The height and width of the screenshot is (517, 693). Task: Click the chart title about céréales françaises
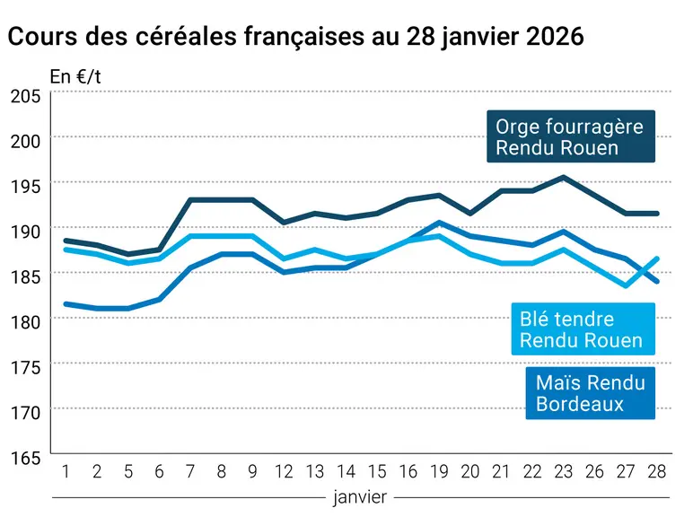click(x=295, y=36)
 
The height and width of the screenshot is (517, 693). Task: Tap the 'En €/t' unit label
click(x=75, y=77)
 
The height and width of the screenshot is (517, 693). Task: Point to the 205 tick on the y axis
click(x=26, y=96)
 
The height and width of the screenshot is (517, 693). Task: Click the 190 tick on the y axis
click(x=26, y=231)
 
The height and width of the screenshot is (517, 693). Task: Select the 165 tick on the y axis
click(x=26, y=458)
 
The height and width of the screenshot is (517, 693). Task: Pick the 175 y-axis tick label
click(x=26, y=367)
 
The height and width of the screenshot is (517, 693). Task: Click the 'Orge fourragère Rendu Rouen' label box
click(x=571, y=136)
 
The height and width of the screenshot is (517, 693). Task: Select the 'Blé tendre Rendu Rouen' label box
click(x=583, y=329)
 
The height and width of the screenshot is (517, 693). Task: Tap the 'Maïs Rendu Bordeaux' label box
click(x=590, y=393)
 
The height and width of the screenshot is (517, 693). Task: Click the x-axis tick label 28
click(x=657, y=472)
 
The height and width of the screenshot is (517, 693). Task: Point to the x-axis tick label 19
click(x=439, y=472)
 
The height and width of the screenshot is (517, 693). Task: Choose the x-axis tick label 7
click(x=190, y=472)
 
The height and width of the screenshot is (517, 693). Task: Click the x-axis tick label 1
click(x=66, y=472)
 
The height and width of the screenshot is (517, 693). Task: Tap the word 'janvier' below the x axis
click(x=360, y=497)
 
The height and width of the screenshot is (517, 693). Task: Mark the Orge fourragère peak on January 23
click(x=564, y=177)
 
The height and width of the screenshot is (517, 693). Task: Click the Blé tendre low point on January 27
click(x=626, y=285)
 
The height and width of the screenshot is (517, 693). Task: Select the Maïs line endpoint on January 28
click(x=657, y=281)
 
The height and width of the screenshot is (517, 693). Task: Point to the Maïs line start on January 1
click(x=66, y=304)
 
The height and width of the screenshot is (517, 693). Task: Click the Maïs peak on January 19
click(x=439, y=223)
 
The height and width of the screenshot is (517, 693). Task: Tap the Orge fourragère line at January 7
click(x=190, y=200)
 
